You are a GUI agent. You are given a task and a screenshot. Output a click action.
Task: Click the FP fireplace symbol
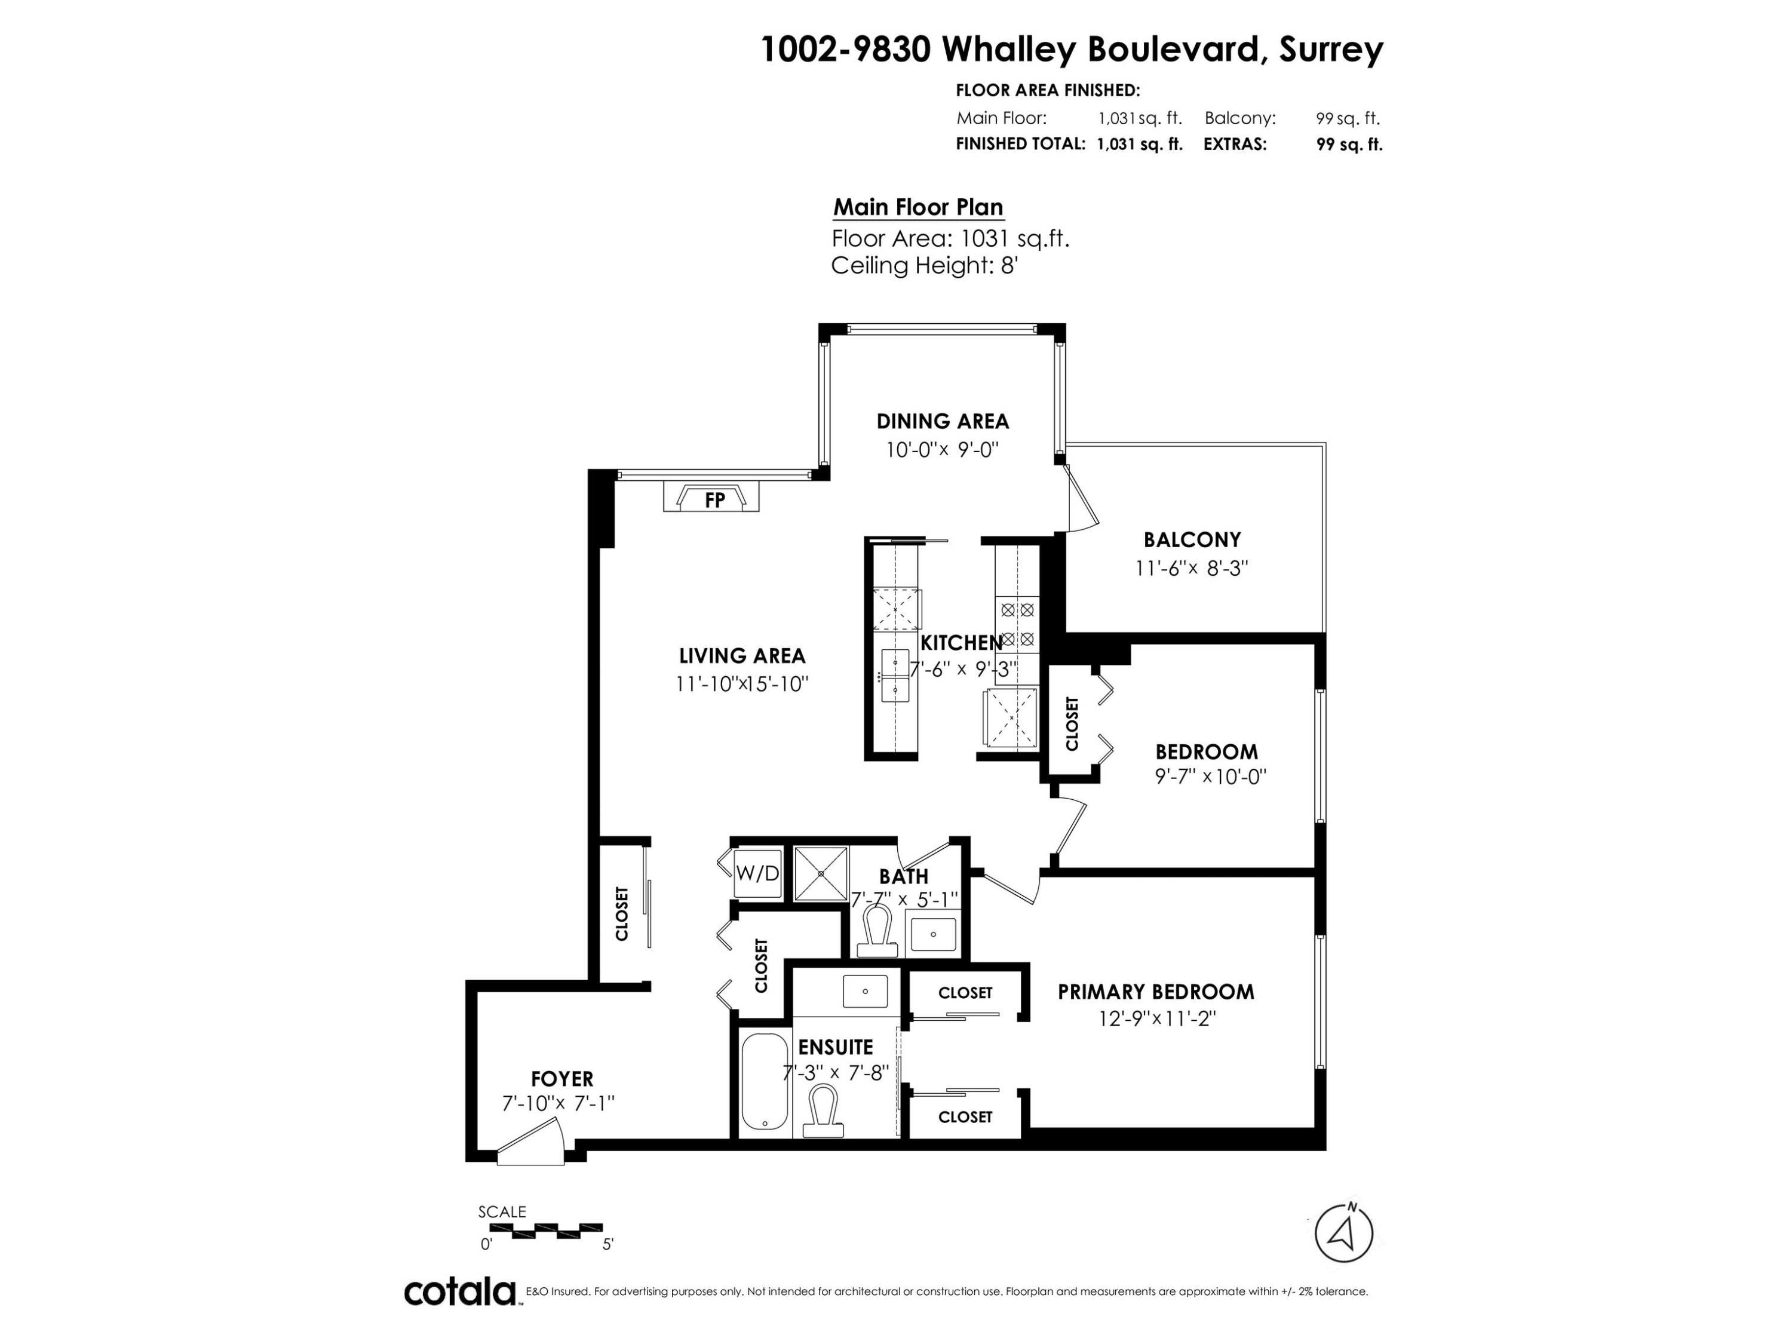click(x=711, y=496)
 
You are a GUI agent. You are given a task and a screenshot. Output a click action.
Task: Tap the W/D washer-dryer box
click(x=757, y=873)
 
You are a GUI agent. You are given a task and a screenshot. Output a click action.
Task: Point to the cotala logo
click(x=460, y=1291)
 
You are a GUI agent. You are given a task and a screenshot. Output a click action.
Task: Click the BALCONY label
click(x=1192, y=539)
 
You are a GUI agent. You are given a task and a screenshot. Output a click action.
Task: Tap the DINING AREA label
click(x=942, y=421)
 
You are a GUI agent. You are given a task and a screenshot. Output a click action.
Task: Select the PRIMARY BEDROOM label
click(x=1156, y=992)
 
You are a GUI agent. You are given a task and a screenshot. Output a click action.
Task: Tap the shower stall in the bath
click(x=821, y=873)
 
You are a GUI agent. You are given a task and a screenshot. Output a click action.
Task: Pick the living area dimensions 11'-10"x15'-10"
click(x=742, y=684)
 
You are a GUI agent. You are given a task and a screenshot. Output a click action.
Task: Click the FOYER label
click(x=562, y=1078)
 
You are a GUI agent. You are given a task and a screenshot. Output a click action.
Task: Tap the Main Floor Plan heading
click(x=919, y=207)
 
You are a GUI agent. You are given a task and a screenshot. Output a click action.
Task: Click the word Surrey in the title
click(x=1331, y=50)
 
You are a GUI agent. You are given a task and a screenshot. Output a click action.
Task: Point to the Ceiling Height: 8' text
click(x=923, y=265)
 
